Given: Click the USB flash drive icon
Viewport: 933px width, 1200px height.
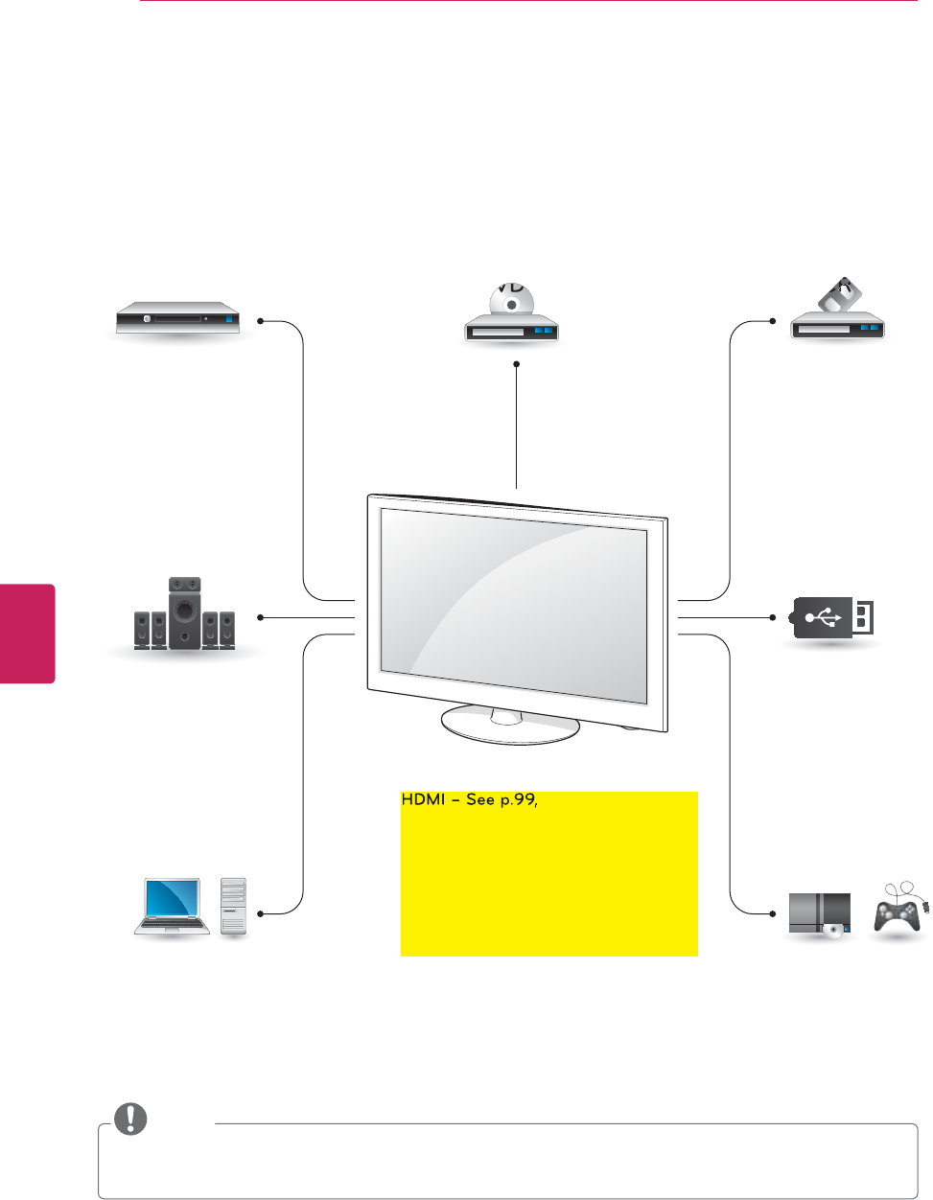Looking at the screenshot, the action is (x=833, y=617).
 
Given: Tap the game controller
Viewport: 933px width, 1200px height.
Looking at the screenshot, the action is (x=899, y=912).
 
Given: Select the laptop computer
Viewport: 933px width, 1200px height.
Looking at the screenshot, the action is (x=173, y=906).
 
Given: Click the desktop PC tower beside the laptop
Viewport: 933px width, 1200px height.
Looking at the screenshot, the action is (x=233, y=906).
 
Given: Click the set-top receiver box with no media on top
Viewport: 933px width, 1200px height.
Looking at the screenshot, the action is (x=176, y=319).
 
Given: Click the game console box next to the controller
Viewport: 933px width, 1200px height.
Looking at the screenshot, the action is (x=819, y=913).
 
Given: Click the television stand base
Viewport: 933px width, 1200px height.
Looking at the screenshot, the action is (x=510, y=726).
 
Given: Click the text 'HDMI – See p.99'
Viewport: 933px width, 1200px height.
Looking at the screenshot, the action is (x=467, y=799).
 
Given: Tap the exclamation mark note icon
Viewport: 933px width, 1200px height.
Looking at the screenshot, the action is (x=131, y=1119).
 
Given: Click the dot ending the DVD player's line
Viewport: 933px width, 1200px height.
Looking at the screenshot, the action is (x=516, y=363).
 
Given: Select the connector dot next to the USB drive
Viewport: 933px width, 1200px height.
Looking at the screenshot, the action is (x=773, y=617).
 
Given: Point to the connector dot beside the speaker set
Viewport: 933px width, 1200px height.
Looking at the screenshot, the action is (x=259, y=617).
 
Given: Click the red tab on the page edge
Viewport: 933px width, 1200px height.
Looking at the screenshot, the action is (x=27, y=633).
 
